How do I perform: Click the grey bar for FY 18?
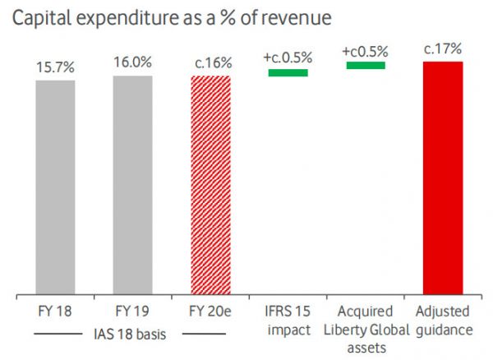point(55,187)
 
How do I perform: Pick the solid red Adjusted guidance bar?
point(443,178)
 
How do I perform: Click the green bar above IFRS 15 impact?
point(288,72)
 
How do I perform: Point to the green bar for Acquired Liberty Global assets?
point(366,64)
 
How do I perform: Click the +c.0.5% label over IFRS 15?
point(288,58)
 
